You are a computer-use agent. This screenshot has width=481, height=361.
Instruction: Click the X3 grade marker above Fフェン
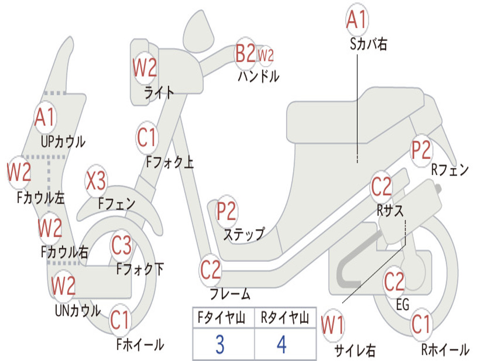point(96,180)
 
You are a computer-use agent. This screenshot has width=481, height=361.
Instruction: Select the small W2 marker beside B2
point(265,55)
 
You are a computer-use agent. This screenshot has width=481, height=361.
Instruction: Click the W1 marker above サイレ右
point(333,325)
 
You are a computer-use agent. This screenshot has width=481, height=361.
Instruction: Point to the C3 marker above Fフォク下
point(122,245)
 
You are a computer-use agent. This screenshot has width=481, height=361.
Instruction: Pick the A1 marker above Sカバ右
point(357,19)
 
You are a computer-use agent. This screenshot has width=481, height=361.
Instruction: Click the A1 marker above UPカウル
point(45,117)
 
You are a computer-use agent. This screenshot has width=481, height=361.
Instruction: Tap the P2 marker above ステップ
point(226,211)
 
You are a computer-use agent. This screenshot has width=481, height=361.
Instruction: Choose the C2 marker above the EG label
point(394,282)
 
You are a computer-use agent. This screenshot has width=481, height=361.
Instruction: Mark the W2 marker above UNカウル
point(63,285)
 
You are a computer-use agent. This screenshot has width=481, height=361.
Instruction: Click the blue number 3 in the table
point(220,345)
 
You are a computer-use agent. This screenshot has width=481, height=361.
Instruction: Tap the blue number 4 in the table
point(282,345)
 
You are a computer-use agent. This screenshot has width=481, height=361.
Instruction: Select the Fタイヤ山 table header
point(221,318)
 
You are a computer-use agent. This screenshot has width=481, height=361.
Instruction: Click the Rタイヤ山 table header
point(285,318)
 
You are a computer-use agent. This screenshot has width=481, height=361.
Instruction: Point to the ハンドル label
point(259,77)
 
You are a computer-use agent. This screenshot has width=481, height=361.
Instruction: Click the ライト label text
point(159,92)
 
